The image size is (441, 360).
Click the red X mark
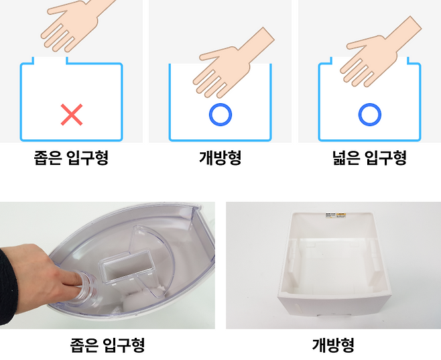(72, 115)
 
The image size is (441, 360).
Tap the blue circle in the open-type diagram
(220, 115)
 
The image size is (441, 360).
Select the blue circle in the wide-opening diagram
(370, 115)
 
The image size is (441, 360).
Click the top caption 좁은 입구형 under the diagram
(71, 158)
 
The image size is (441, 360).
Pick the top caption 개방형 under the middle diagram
(220, 158)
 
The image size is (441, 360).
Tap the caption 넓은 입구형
(369, 158)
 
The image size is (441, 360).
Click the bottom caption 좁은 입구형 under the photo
(107, 345)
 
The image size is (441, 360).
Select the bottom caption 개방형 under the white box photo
(333, 345)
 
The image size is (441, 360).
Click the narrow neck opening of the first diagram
(50, 60)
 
